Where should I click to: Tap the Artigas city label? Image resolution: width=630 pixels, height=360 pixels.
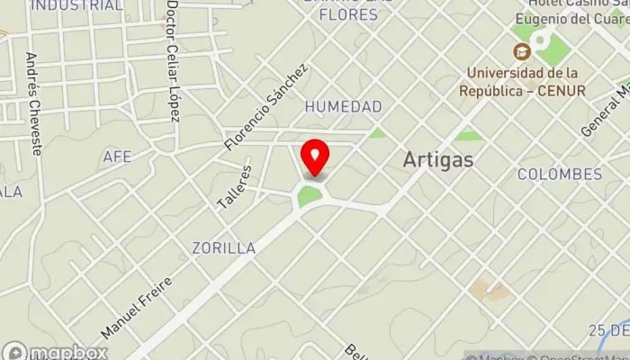[438, 158]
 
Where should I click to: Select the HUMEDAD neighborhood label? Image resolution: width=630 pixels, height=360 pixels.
[343, 107]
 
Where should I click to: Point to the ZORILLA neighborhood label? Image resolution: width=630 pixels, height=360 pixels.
[223, 247]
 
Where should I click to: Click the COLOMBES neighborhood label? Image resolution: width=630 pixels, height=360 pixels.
[560, 174]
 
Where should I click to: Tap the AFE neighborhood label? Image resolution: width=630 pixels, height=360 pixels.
[117, 157]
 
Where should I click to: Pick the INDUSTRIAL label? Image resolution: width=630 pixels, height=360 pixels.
[76, 5]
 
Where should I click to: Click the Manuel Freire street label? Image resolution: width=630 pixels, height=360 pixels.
[136, 308]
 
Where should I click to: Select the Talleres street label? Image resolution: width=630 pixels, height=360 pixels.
[233, 187]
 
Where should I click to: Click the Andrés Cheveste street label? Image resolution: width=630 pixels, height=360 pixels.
[33, 103]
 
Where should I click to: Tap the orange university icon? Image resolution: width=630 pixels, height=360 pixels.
[520, 51]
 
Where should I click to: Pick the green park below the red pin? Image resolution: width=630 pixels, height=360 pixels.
[310, 194]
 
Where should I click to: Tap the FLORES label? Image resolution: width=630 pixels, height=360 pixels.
[348, 14]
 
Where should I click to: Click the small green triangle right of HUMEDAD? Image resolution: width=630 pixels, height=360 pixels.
[378, 133]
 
